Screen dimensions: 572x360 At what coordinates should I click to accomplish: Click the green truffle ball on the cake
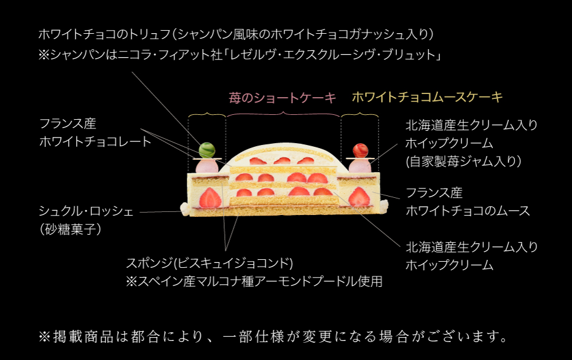pyautogui.click(x=206, y=149)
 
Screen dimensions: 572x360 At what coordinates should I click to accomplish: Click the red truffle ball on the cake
pyautogui.click(x=359, y=149)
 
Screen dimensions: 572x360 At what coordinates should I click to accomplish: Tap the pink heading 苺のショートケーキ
pyautogui.click(x=283, y=98)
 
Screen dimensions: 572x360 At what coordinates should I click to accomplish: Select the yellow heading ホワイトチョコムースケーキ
pyautogui.click(x=427, y=97)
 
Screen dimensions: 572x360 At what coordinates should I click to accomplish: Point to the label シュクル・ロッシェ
pyautogui.click(x=86, y=211)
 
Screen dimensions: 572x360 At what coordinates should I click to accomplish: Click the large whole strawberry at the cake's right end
pyautogui.click(x=359, y=197)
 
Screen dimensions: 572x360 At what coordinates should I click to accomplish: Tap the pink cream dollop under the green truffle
pyautogui.click(x=206, y=165)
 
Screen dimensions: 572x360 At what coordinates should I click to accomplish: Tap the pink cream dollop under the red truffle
pyautogui.click(x=359, y=165)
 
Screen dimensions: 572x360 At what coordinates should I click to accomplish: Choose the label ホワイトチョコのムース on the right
pyautogui.click(x=468, y=211)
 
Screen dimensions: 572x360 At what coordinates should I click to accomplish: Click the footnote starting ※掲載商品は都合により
pyautogui.click(x=273, y=336)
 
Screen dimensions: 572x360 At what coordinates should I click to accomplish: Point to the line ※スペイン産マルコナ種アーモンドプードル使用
pyautogui.click(x=254, y=281)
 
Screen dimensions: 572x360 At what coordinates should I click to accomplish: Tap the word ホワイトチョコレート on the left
pyautogui.click(x=95, y=141)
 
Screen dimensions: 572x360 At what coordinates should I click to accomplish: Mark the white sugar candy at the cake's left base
pyautogui.click(x=184, y=209)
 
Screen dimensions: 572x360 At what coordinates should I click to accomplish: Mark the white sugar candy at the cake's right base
pyautogui.click(x=385, y=208)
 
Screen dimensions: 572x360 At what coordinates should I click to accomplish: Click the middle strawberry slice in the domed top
pyautogui.click(x=282, y=161)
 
